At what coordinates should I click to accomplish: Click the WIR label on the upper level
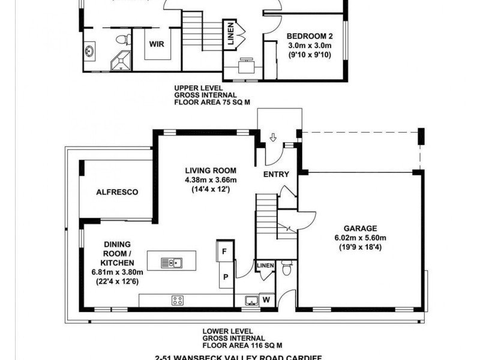(x=157, y=44)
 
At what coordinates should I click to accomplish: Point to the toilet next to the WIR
(x=124, y=40)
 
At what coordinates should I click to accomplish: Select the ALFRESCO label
(x=117, y=192)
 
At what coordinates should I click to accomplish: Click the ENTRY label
(x=276, y=175)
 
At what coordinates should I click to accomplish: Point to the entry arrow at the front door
(x=272, y=138)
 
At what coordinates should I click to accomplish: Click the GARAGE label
(x=360, y=228)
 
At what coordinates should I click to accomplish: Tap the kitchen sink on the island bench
(x=172, y=262)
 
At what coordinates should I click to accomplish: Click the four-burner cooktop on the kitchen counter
(x=178, y=300)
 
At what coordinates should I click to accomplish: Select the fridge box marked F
(x=224, y=252)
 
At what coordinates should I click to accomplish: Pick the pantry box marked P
(x=225, y=277)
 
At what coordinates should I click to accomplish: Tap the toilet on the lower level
(x=287, y=268)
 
